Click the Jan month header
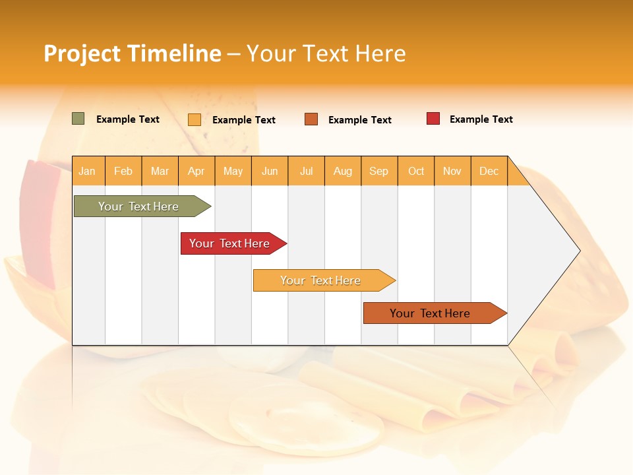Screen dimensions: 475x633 pyautogui.click(x=87, y=171)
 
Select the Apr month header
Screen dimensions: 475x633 pyautogui.click(x=196, y=171)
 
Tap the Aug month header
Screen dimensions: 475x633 pyautogui.click(x=342, y=171)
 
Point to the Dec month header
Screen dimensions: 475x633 pyautogui.click(x=489, y=171)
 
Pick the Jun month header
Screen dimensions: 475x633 pyautogui.click(x=270, y=171)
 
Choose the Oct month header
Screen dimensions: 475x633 pyautogui.click(x=416, y=171)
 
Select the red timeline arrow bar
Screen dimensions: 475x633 pyautogui.click(x=231, y=243)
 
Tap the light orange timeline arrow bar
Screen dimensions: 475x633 pyautogui.click(x=321, y=280)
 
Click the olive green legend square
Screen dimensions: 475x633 pyautogui.click(x=78, y=119)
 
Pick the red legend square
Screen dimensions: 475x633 pyautogui.click(x=433, y=119)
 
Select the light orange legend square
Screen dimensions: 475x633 pyautogui.click(x=195, y=119)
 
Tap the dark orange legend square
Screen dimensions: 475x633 pyautogui.click(x=311, y=119)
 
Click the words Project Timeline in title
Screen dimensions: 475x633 pyautogui.click(x=132, y=53)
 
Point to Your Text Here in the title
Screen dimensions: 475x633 pyautogui.click(x=326, y=53)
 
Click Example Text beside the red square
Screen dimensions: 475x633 pyautogui.click(x=481, y=119)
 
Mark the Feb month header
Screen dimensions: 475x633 pyautogui.click(x=123, y=171)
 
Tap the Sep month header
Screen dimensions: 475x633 pyautogui.click(x=378, y=171)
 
